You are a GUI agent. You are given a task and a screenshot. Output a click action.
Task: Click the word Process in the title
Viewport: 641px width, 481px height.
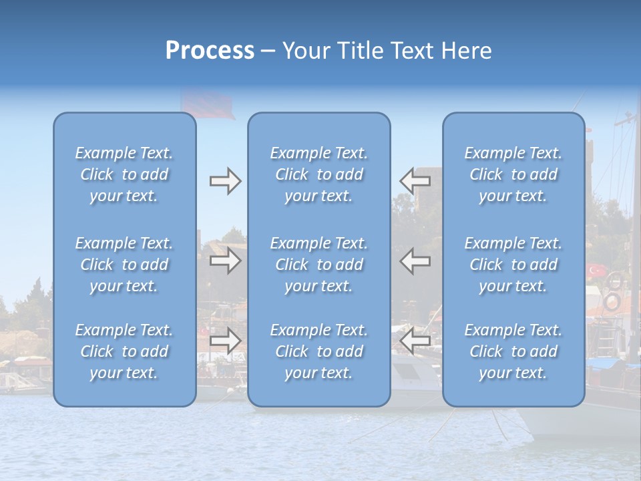pyautogui.click(x=210, y=51)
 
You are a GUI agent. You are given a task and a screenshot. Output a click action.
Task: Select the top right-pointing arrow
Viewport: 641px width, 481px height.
pyautogui.click(x=225, y=181)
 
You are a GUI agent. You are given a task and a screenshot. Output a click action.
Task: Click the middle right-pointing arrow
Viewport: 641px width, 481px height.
pyautogui.click(x=225, y=261)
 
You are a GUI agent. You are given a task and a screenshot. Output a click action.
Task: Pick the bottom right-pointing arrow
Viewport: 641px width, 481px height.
pyautogui.click(x=225, y=341)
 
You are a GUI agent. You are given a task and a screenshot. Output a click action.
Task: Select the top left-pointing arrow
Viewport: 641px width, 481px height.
pyautogui.click(x=415, y=180)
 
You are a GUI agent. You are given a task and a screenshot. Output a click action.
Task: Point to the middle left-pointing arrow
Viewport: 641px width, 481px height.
pyautogui.click(x=415, y=261)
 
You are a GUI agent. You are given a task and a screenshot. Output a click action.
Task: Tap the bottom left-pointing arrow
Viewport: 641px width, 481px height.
pyautogui.click(x=415, y=341)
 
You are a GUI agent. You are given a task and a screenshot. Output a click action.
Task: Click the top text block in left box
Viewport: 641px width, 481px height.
pyautogui.click(x=124, y=174)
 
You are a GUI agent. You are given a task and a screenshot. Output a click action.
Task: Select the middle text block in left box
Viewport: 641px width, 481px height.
pyautogui.click(x=124, y=265)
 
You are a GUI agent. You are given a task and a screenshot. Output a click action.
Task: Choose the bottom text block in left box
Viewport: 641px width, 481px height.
pyautogui.click(x=124, y=351)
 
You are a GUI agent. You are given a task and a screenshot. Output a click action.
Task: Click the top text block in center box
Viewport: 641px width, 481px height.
pyautogui.click(x=319, y=174)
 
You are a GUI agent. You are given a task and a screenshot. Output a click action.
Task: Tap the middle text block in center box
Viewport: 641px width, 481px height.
pyautogui.click(x=319, y=265)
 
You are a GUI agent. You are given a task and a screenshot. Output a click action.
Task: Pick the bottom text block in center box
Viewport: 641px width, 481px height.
pyautogui.click(x=319, y=351)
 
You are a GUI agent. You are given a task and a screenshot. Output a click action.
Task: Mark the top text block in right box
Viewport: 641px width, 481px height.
pyautogui.click(x=513, y=174)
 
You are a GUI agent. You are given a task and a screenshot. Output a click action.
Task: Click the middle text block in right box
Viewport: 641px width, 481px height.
pyautogui.click(x=513, y=265)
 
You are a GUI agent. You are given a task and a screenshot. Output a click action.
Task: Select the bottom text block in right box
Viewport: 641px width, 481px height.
pyautogui.click(x=513, y=351)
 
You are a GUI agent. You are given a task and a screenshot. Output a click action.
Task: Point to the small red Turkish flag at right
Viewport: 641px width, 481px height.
pyautogui.click(x=596, y=271)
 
